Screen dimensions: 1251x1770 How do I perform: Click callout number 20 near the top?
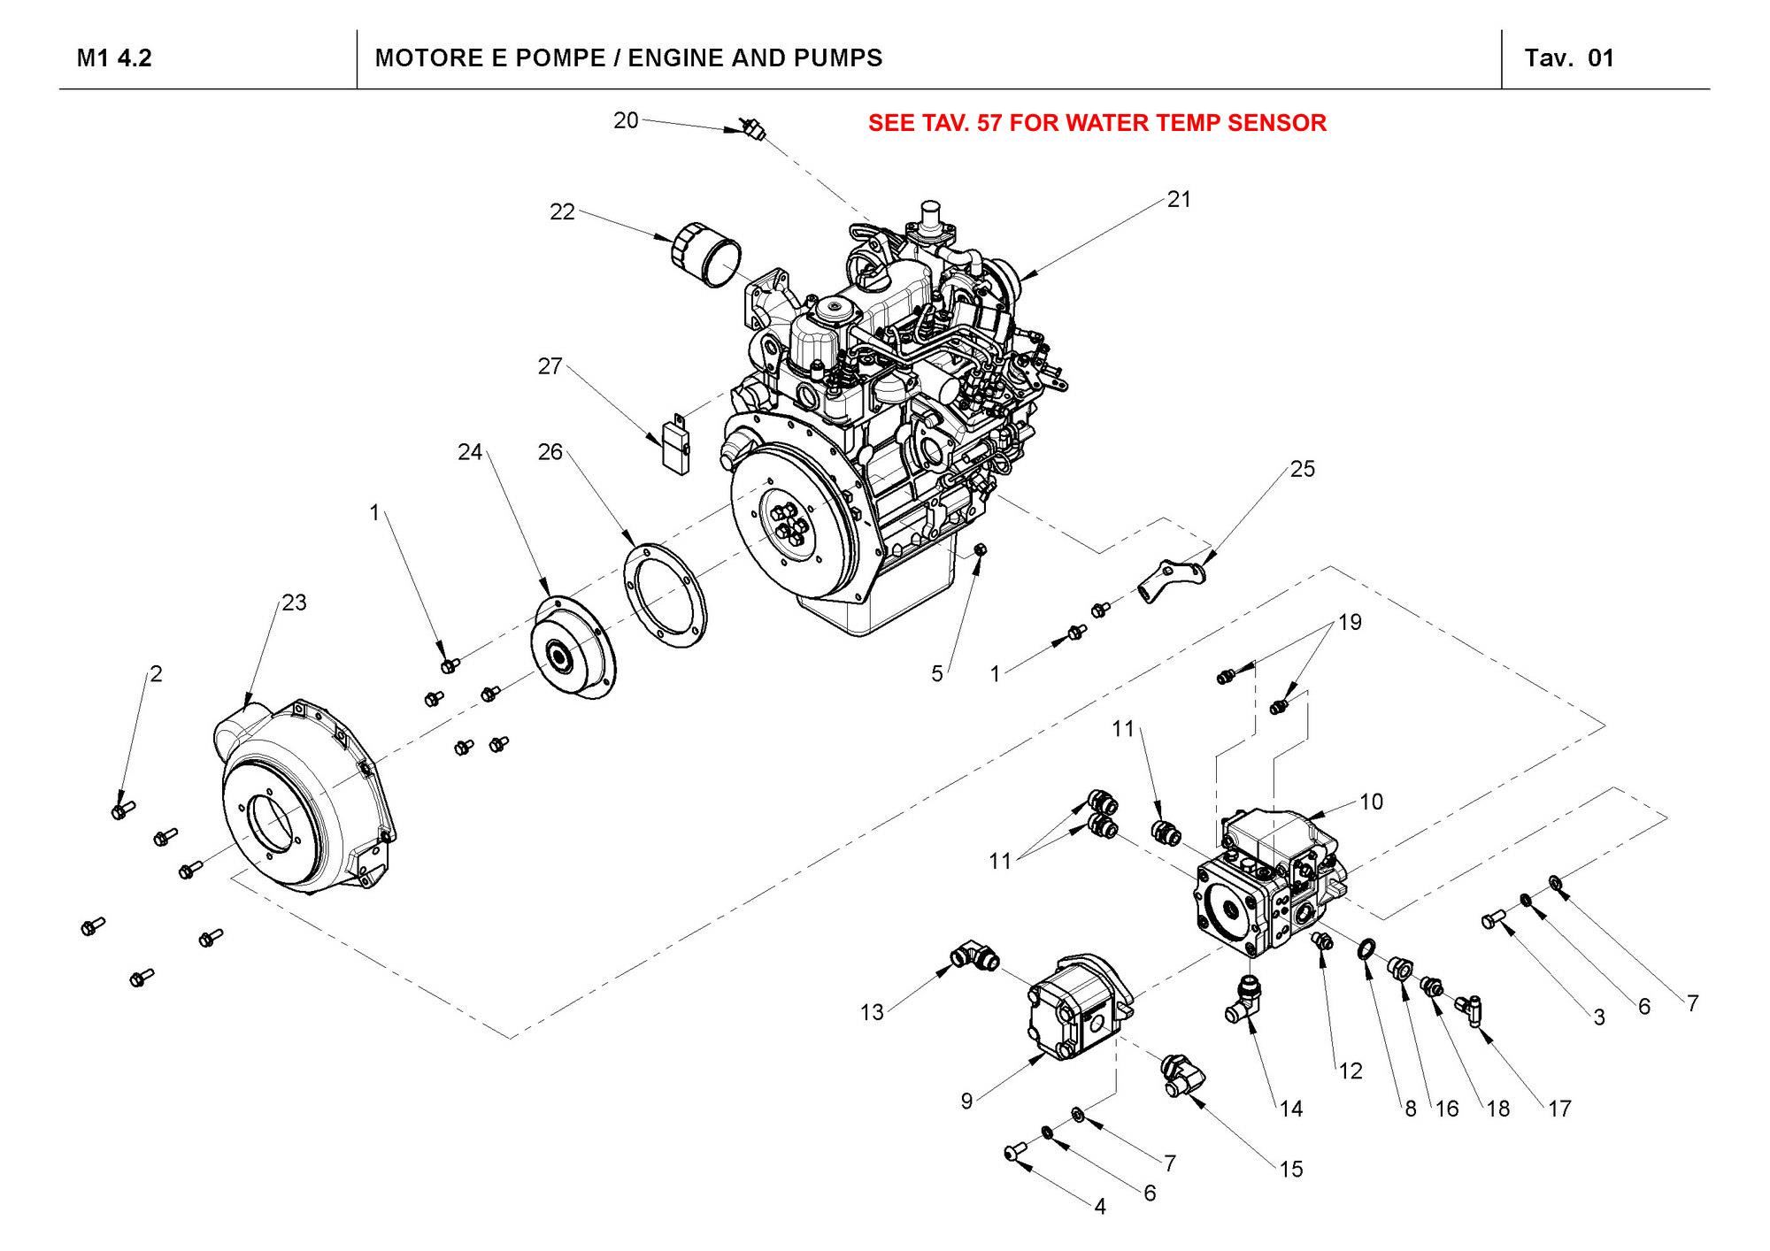click(626, 120)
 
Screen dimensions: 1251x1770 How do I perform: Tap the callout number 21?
click(1179, 200)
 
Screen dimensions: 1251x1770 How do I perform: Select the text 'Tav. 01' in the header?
click(1569, 58)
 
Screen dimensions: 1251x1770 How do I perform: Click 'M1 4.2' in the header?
click(114, 58)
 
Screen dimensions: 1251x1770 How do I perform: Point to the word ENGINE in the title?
click(679, 58)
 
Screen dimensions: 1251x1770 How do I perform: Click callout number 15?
click(1291, 1170)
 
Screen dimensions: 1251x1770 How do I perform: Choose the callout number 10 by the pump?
click(1371, 802)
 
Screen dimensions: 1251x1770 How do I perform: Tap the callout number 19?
click(1350, 622)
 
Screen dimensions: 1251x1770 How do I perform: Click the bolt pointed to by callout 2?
click(122, 809)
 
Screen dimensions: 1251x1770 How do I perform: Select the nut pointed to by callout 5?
click(980, 550)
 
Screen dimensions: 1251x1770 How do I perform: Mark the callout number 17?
click(1559, 1109)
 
